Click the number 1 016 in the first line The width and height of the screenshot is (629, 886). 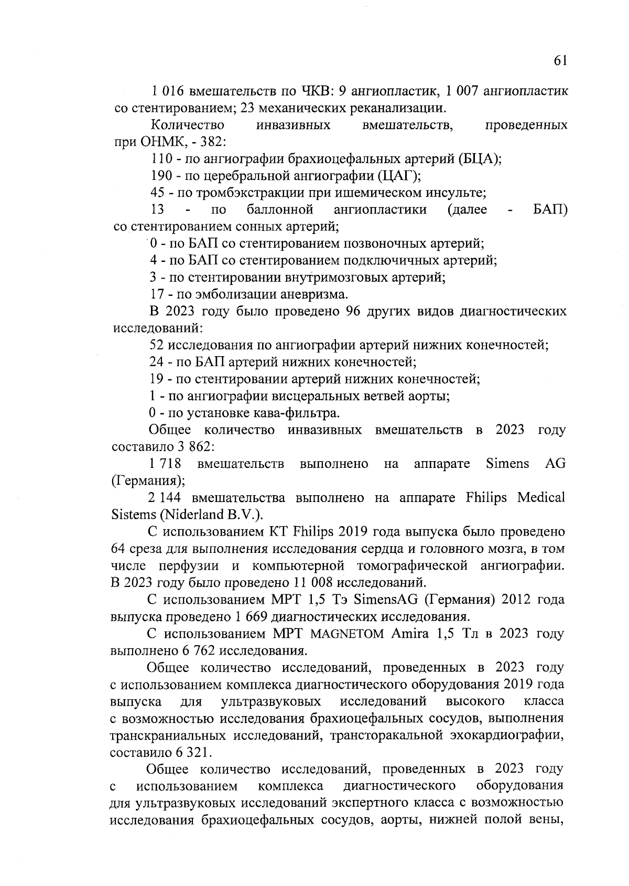click(167, 91)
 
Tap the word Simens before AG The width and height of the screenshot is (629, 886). click(507, 464)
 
